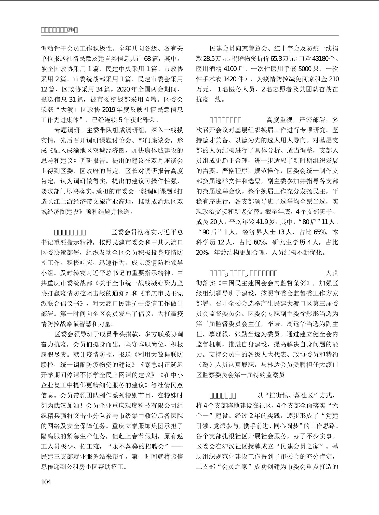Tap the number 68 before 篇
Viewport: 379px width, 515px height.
pyautogui.click(x=148, y=58)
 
